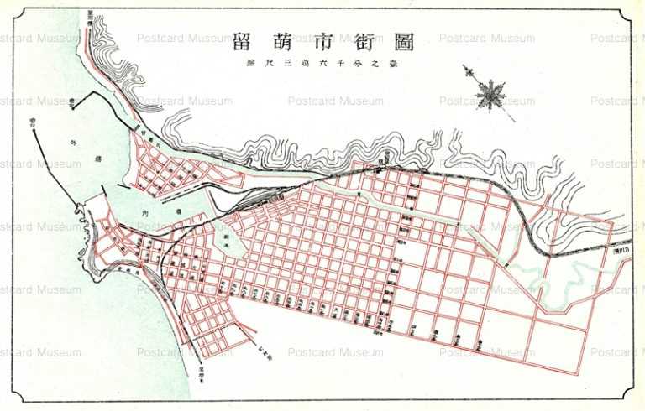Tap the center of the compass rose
(x=488, y=93)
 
